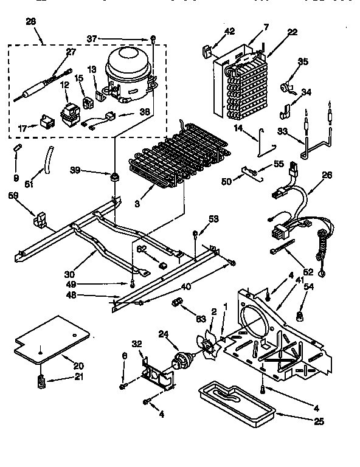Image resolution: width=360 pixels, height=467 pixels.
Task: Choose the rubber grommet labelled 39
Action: point(112,177)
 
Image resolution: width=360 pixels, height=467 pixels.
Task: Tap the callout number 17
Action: point(22,128)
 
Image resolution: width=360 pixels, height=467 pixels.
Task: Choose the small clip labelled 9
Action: point(17,150)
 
